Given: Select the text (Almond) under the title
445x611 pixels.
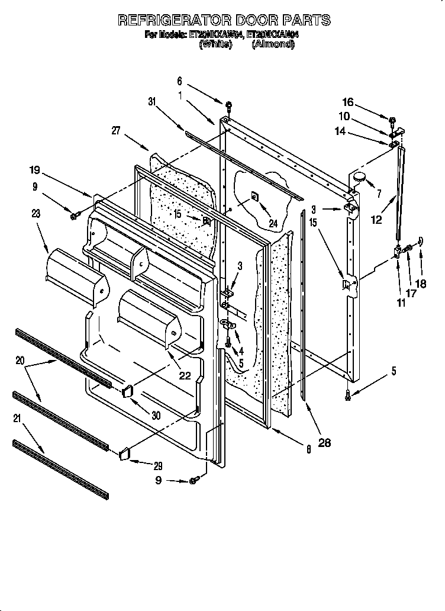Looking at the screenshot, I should [x=273, y=44].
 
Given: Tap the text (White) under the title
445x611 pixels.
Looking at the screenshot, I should [x=215, y=44].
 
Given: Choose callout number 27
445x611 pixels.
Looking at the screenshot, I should [x=116, y=131].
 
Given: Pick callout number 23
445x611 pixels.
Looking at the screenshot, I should [x=37, y=214].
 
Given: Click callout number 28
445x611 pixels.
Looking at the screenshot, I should [x=324, y=442].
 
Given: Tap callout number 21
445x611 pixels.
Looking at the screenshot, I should [x=17, y=419].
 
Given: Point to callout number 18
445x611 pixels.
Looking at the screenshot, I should [x=420, y=284].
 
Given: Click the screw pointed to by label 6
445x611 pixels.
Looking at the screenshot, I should [x=228, y=107].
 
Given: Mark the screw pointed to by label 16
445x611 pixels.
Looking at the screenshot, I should [x=393, y=121].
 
